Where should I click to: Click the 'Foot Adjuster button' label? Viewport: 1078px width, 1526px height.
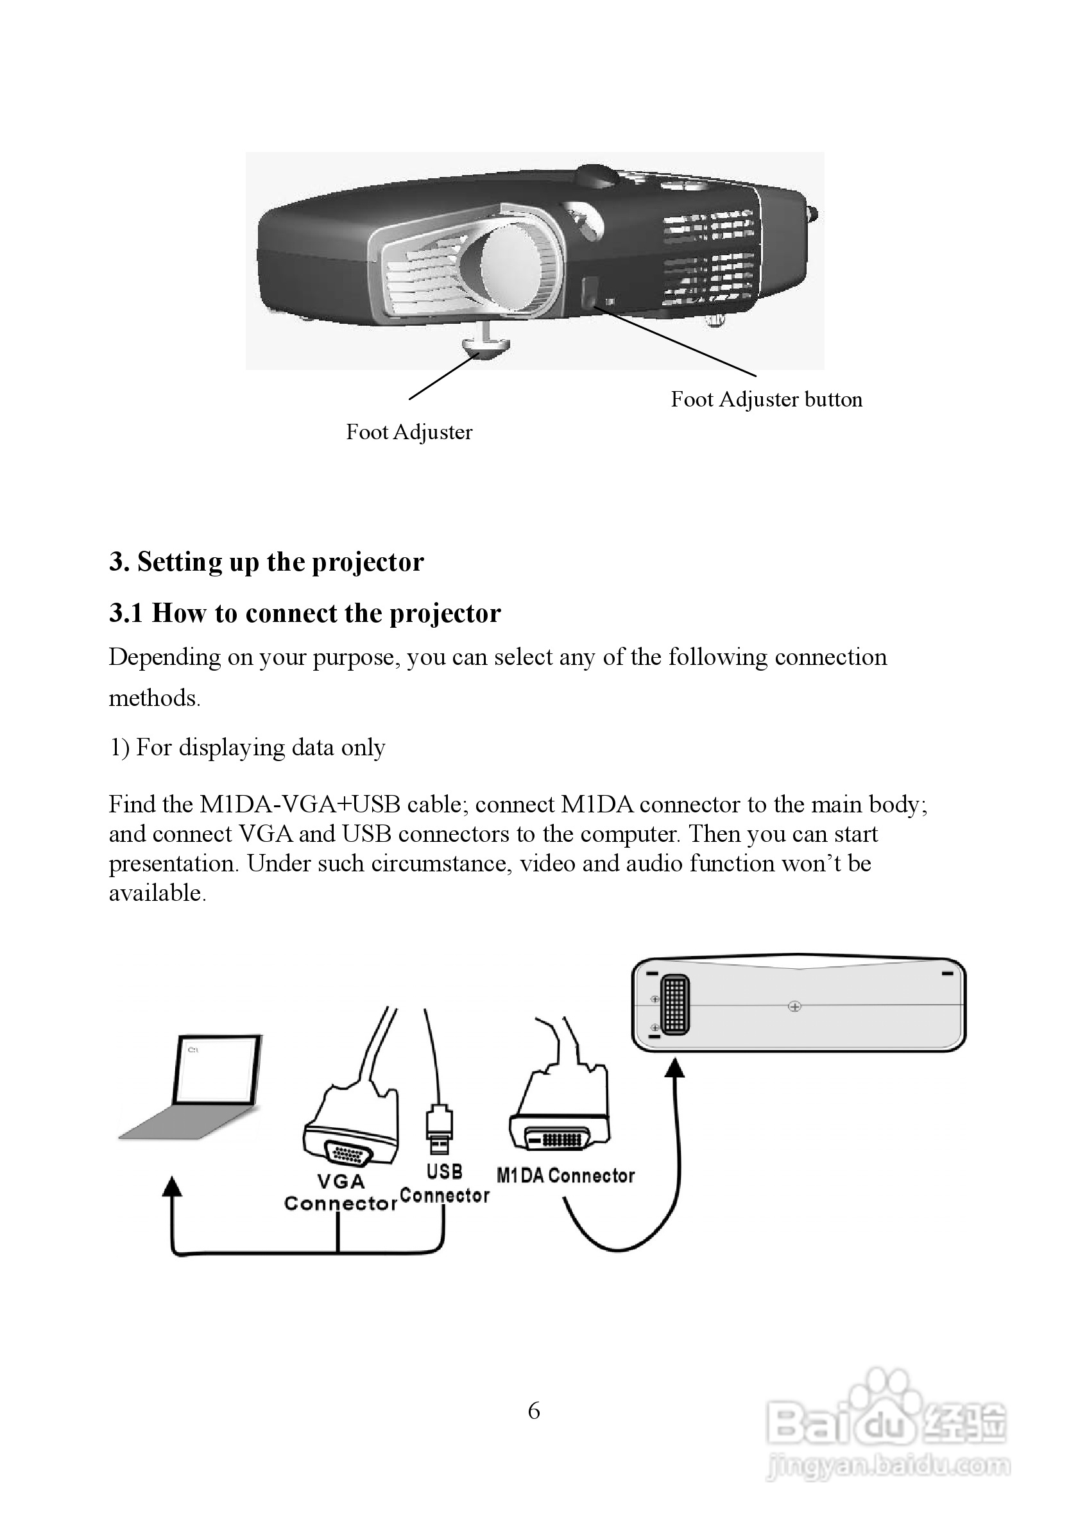[x=766, y=399]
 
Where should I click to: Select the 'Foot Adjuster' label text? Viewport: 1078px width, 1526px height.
[x=409, y=432]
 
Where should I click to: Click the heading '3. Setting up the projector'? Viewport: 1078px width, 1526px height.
[x=266, y=562]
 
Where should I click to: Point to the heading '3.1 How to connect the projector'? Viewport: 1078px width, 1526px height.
[x=305, y=613]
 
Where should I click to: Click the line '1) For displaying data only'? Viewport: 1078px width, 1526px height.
[x=247, y=748]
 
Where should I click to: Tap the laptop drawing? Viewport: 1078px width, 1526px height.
[x=197, y=1090]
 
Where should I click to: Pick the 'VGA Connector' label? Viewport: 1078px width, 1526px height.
[x=341, y=1193]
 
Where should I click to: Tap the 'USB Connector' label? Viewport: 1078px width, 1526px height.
[x=444, y=1184]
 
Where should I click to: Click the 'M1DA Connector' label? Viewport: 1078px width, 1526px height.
[x=565, y=1176]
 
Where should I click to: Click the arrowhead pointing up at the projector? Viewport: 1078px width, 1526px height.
[x=675, y=1068]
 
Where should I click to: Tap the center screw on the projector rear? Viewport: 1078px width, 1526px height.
[x=794, y=1006]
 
